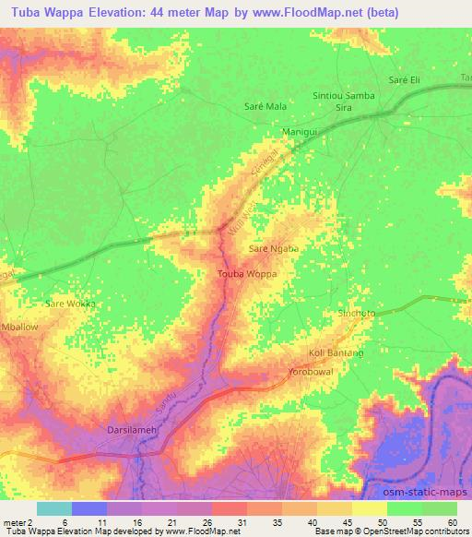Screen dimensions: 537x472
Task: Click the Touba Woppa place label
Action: (246, 274)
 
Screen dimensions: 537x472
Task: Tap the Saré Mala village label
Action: (265, 107)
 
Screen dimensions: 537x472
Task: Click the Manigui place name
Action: (299, 132)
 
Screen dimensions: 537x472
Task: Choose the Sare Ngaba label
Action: (274, 249)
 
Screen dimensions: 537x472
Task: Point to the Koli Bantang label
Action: (336, 353)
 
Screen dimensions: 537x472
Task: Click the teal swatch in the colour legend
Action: (54, 508)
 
